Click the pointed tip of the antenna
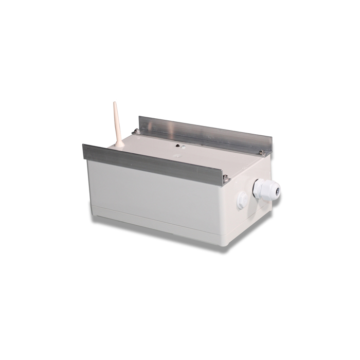pos(115,103)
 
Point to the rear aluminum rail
pos(201,133)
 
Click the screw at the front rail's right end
pos(225,178)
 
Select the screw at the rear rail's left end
pos(136,132)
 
